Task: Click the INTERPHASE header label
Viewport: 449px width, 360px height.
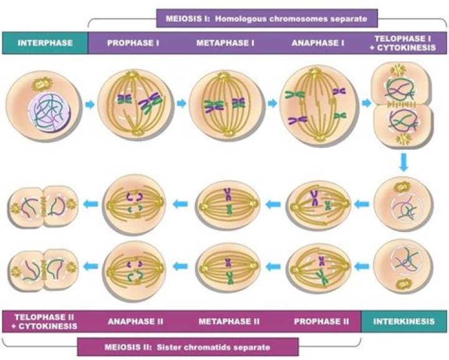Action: [x=45, y=43]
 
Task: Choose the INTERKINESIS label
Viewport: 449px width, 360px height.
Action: [x=404, y=321]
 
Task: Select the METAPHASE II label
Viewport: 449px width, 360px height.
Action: [x=229, y=321]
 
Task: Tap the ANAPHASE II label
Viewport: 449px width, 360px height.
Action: [x=135, y=321]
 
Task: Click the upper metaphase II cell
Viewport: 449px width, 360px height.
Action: [x=228, y=203]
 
